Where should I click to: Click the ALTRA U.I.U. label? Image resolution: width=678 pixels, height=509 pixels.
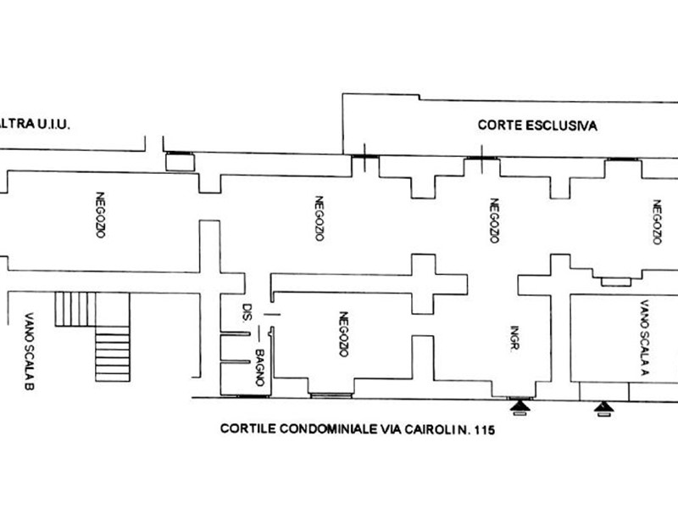click(x=35, y=124)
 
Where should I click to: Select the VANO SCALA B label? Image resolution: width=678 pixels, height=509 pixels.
click(x=29, y=351)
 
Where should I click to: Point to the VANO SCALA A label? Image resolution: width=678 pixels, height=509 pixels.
click(x=644, y=337)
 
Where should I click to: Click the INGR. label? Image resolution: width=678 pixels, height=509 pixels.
click(x=514, y=338)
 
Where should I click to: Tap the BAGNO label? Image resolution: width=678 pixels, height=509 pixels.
click(x=260, y=367)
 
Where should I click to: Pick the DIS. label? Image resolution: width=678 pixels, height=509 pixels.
click(x=247, y=312)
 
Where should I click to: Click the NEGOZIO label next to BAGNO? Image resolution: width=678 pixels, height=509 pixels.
click(x=343, y=334)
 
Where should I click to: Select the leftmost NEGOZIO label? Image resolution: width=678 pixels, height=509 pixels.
click(x=100, y=215)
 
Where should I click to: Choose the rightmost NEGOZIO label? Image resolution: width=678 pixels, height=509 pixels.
click(x=658, y=221)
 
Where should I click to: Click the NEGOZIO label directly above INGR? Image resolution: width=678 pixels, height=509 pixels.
click(x=494, y=221)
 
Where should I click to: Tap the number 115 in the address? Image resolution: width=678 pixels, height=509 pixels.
click(x=485, y=430)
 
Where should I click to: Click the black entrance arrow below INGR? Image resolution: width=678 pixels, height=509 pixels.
click(x=520, y=406)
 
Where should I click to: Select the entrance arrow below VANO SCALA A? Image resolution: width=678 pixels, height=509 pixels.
click(x=603, y=407)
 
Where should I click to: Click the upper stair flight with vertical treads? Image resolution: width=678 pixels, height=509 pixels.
click(x=75, y=309)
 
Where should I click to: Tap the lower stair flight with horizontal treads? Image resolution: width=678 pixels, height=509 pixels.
click(x=113, y=354)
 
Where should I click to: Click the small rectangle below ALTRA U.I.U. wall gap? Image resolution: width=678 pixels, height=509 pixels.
click(x=181, y=162)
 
